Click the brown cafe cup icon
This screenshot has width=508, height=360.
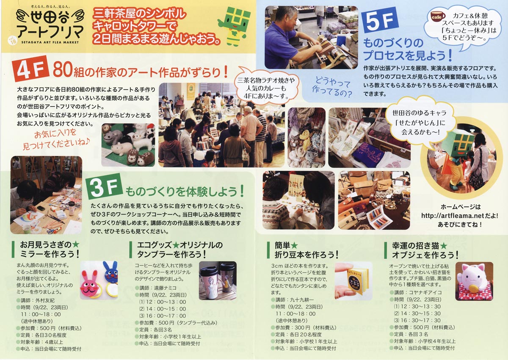click(x=437, y=17)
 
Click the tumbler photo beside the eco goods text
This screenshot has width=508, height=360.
click(x=218, y=280)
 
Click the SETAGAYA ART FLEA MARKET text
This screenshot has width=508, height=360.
click(x=50, y=42)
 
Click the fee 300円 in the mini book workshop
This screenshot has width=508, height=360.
click(x=303, y=327)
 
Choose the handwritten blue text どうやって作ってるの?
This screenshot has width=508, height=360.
click(x=332, y=87)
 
